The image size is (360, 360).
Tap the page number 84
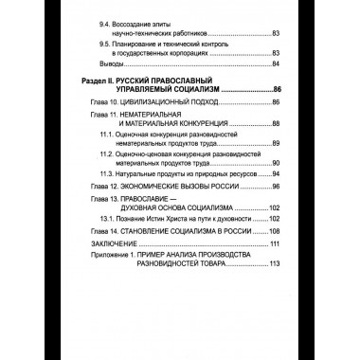pos(275,64)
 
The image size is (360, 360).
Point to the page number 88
pos(275,124)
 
